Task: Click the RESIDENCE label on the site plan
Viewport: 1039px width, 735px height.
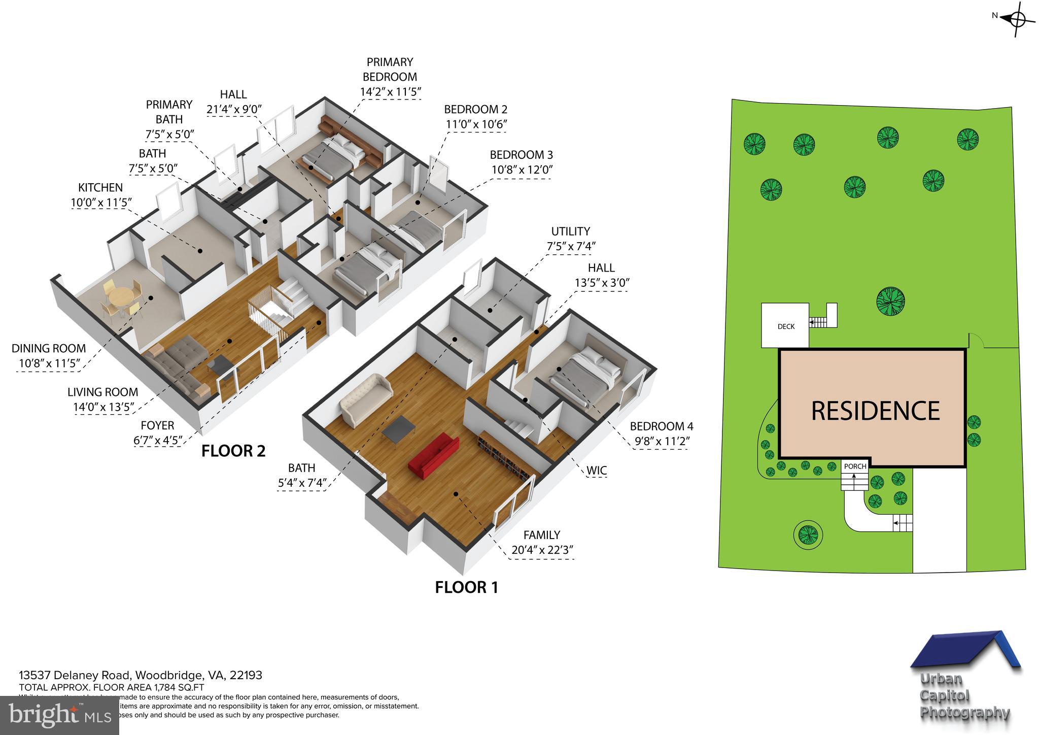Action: [x=875, y=411]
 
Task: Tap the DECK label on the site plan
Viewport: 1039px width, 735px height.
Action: [x=786, y=326]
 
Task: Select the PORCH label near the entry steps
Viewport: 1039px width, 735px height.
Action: [x=855, y=466]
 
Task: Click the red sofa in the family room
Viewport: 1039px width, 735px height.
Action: [x=434, y=455]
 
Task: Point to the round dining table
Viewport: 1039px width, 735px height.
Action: [x=120, y=295]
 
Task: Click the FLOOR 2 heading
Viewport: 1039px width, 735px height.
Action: [x=233, y=451]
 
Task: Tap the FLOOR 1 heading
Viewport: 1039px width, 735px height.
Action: [x=466, y=587]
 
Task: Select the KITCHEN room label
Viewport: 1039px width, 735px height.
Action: [x=100, y=188]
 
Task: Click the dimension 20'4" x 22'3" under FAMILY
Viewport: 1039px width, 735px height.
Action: [x=541, y=550]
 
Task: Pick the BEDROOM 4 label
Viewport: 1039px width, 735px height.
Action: [x=661, y=426]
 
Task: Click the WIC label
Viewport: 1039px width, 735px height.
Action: [x=596, y=471]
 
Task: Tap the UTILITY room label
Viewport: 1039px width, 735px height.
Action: [x=570, y=231]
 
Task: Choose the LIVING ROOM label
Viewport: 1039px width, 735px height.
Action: [x=102, y=392]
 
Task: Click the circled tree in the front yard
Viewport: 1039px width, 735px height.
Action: [x=808, y=534]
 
